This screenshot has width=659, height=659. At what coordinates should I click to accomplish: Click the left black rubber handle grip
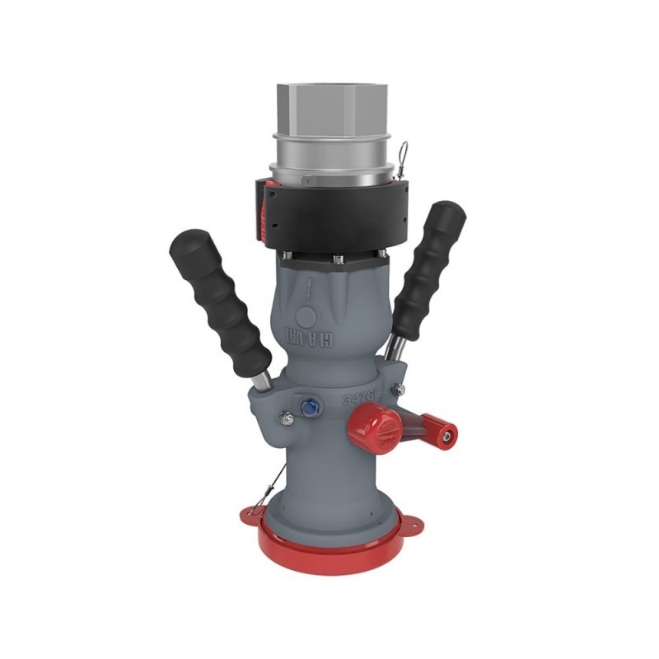[218, 301]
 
